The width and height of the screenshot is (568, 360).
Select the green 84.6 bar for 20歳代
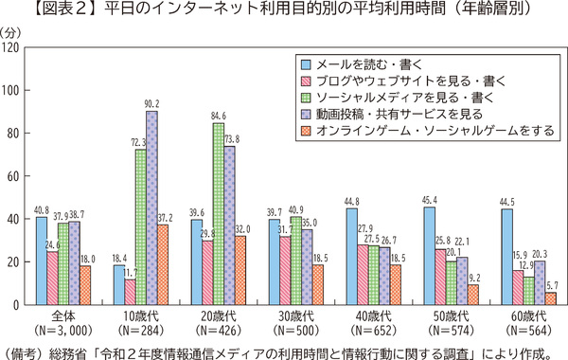218,214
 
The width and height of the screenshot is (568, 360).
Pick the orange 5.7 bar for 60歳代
550,298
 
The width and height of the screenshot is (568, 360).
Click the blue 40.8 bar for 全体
42,261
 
